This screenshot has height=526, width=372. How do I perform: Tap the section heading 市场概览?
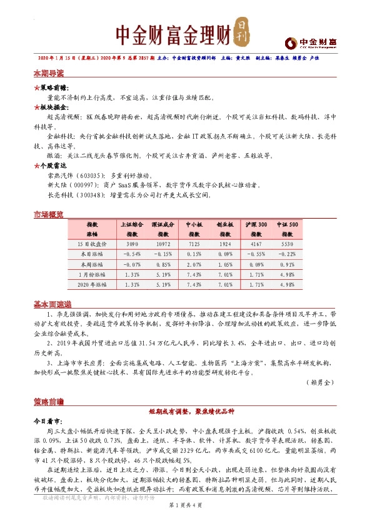48,215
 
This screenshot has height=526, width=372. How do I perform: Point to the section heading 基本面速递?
52,304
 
